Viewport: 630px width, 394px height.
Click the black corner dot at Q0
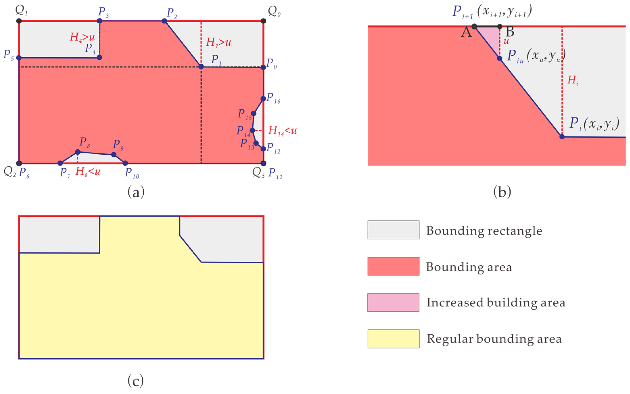263,21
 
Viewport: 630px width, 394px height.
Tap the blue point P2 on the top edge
164,21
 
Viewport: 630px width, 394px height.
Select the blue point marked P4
99,57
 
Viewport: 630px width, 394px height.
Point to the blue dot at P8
78,152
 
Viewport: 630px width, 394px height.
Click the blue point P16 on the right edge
263,98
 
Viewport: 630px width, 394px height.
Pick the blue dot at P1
201,67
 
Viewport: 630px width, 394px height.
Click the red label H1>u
218,42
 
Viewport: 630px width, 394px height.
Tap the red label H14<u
283,131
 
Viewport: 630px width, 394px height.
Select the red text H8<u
88,171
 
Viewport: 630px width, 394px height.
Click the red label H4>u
82,37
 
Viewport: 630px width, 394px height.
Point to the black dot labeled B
500,26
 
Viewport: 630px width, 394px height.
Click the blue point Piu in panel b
500,58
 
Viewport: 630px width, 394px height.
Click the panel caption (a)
136,192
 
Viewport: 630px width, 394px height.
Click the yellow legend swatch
393,339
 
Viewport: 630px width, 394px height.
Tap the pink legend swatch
393,303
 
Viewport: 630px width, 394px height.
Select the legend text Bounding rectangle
484,231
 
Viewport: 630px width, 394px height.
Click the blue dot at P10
125,163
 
